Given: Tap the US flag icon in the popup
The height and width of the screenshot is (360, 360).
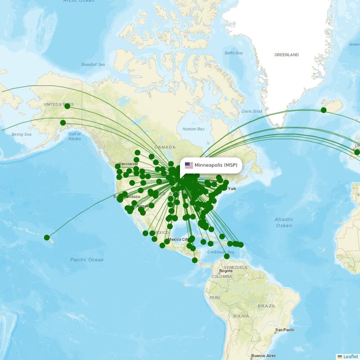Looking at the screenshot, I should (x=189, y=165).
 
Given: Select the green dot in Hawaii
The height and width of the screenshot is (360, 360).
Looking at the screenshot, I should (x=47, y=237).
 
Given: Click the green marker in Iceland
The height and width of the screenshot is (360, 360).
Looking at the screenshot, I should (x=324, y=110).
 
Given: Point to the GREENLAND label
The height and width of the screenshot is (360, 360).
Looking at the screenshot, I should (x=287, y=55).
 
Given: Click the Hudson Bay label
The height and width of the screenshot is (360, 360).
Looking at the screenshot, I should (x=193, y=129).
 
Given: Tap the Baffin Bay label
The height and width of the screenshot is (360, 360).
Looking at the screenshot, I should (x=234, y=53).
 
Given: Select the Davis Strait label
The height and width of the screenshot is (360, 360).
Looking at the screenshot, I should (x=252, y=111).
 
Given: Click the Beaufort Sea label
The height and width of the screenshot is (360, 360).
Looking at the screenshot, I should (x=93, y=65).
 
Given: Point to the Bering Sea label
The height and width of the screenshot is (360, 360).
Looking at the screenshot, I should (x=22, y=134).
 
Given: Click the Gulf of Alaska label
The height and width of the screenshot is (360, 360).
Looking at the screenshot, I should (x=75, y=136).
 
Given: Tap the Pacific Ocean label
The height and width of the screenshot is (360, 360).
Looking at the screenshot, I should (x=87, y=260).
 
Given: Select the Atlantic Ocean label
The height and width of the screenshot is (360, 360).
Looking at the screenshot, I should (x=284, y=222).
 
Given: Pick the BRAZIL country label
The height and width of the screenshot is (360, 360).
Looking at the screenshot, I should (x=267, y=306).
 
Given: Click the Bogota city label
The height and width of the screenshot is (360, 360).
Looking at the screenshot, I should (x=225, y=271).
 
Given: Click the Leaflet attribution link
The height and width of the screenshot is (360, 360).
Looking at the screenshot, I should (x=350, y=356).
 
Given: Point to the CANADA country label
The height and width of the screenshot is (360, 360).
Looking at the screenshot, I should (x=165, y=147).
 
